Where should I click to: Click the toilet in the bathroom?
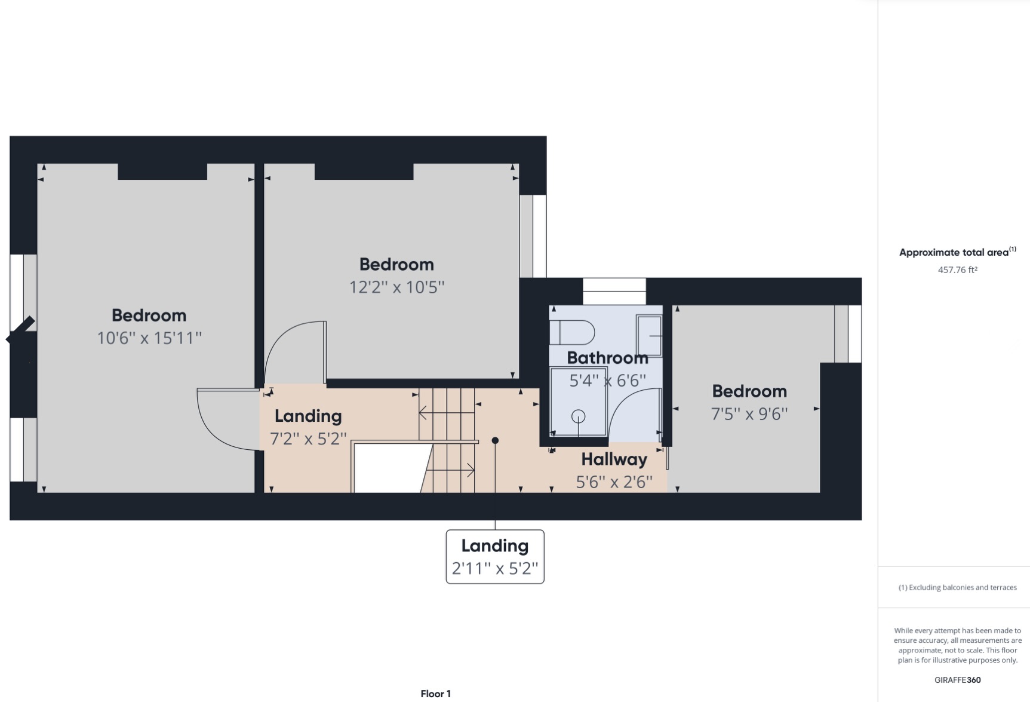pos(572,333)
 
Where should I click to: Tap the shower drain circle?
pos(578,416)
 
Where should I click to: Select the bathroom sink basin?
pos(649,335)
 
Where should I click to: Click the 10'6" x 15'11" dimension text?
pos(149,338)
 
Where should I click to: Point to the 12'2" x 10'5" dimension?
pos(396,287)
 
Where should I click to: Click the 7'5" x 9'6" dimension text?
pos(749,414)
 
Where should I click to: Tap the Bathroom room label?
pos(607,358)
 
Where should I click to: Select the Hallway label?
pos(614,459)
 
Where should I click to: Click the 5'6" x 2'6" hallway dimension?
pos(614,482)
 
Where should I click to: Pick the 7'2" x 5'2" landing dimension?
pos(308,439)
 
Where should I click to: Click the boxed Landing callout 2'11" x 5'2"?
pos(495,557)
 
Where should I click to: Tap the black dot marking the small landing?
pos(495,441)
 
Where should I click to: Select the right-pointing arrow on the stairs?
pos(450,471)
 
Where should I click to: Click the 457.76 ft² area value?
pos(957,270)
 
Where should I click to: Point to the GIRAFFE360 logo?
pos(957,680)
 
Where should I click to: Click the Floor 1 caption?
pos(435,694)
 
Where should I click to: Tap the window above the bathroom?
pos(614,292)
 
